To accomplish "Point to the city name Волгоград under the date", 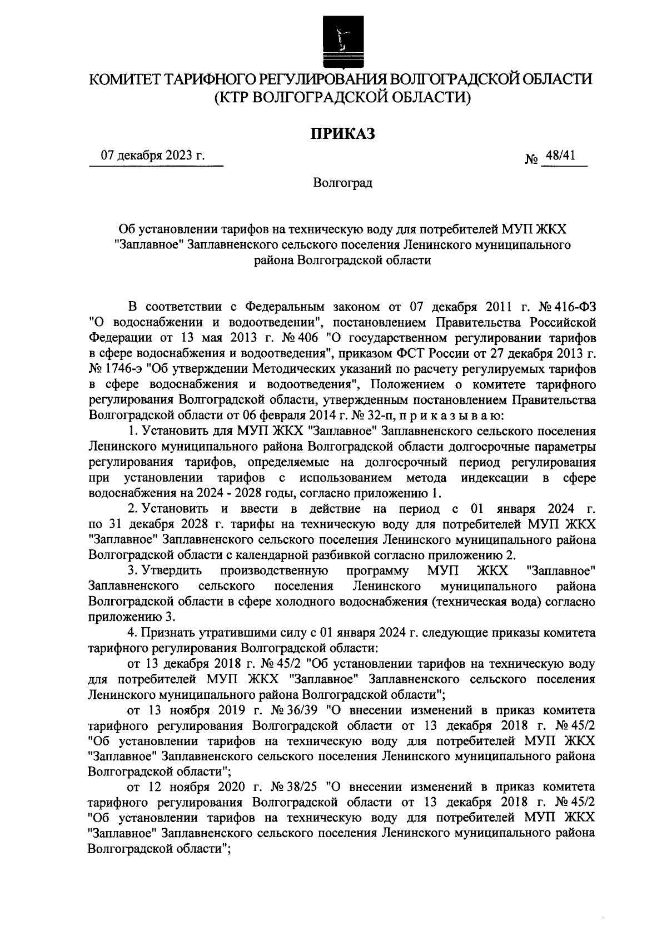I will point(342,183).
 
